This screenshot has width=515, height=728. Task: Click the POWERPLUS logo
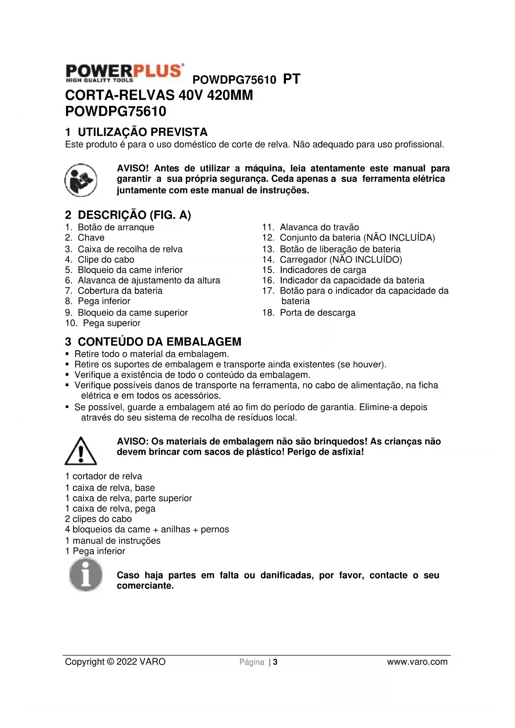pos(124,73)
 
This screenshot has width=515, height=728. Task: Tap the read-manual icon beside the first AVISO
pos(81,180)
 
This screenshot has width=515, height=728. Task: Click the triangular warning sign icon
pos(81,451)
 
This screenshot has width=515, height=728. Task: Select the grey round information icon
pos(86,575)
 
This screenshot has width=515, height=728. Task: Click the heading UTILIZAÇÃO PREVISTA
pos(142,132)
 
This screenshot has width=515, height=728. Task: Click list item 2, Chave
pos(91,237)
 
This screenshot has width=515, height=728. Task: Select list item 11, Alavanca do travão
pos(319,227)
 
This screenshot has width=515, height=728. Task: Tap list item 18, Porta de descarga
pos(317,313)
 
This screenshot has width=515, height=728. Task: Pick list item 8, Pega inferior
pos(104,301)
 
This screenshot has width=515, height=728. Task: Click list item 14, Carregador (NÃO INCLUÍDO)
pos(340,259)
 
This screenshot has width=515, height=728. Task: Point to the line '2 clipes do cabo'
pos(98,519)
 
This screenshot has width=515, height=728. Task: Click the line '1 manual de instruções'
pos(112,540)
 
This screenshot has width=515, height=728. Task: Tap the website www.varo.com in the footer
pos(417,662)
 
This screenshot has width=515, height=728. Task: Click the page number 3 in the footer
pos(276,662)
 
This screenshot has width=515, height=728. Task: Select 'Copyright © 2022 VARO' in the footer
pos(115,662)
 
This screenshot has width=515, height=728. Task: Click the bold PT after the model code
pos(291,79)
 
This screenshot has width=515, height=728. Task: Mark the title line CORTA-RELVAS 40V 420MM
pos(159,95)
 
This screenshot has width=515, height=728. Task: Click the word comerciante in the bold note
pos(145,586)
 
